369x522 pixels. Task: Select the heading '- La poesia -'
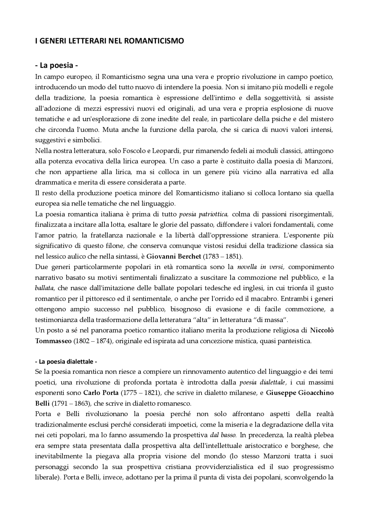point(57,65)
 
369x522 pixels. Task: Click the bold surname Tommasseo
point(53,341)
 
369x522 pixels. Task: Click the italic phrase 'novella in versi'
point(260,267)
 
